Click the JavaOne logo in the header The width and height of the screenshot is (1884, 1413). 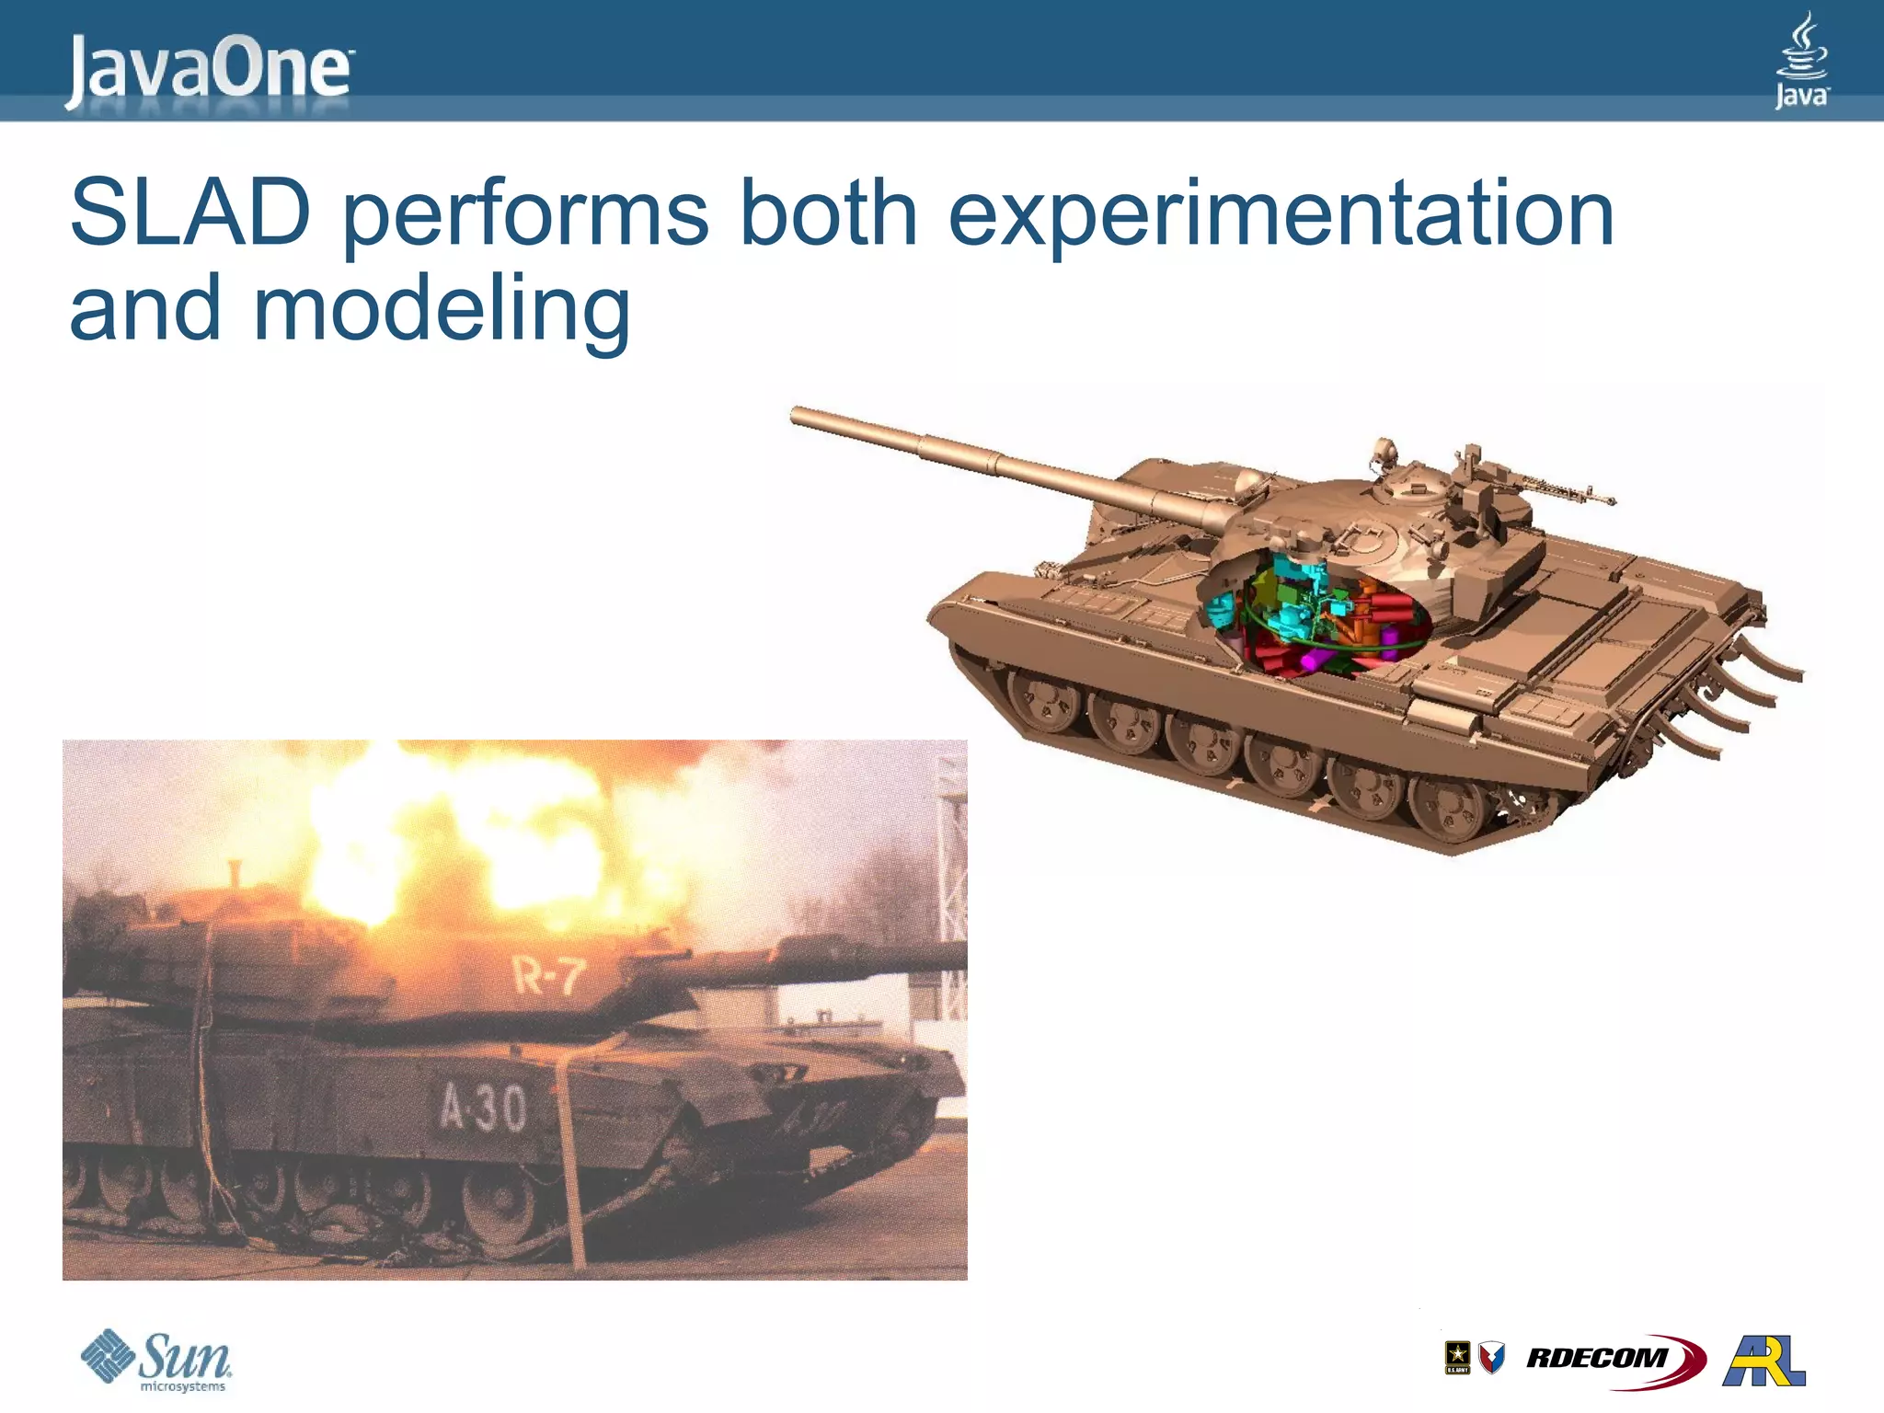point(208,70)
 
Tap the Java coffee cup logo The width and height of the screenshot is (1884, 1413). point(1800,61)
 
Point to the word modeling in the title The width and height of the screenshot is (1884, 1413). point(442,311)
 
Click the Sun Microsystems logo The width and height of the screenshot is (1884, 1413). point(156,1361)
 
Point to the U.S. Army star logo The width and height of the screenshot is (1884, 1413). point(1457,1356)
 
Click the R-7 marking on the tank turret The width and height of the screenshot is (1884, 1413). point(548,974)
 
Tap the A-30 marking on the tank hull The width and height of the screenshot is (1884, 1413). point(482,1107)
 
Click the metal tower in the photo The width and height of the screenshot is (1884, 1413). point(948,874)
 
